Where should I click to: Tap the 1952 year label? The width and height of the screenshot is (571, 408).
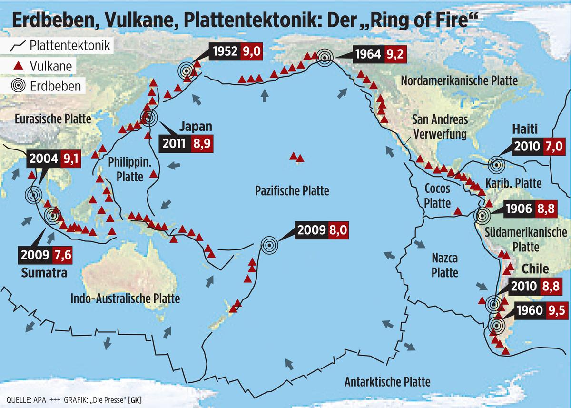coord(225,52)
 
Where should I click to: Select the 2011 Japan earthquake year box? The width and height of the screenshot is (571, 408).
coord(174,143)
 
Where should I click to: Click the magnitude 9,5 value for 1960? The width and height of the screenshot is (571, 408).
coord(558,311)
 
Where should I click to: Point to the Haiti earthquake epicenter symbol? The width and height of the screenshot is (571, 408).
coord(496,165)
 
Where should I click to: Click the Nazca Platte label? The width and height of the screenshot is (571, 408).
coord(445,266)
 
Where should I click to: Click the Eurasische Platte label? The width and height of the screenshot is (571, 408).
coord(52,119)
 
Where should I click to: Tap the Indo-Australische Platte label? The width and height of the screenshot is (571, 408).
coord(125,299)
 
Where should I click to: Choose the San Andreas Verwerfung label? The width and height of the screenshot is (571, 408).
coord(440,126)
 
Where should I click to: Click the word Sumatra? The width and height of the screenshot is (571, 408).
coord(44,273)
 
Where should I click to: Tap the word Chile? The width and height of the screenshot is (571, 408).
coord(535,269)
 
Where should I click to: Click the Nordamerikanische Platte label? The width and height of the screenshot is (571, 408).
coord(459,80)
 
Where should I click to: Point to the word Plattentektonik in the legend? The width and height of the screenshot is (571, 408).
coord(69,46)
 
